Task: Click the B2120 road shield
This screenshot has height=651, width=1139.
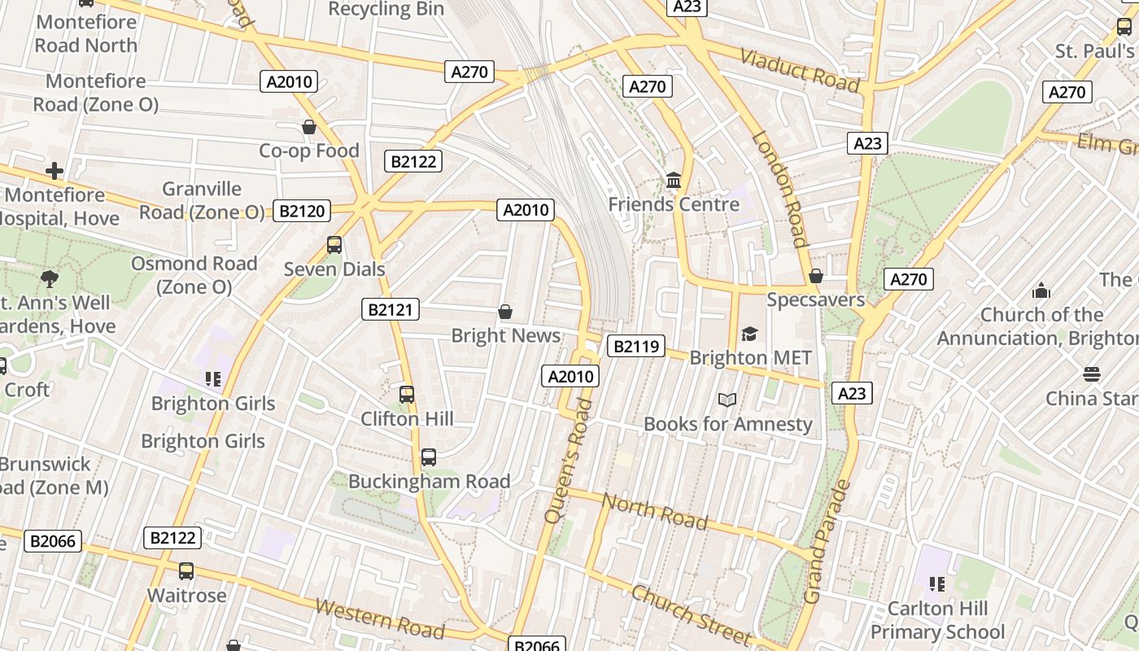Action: [302, 212]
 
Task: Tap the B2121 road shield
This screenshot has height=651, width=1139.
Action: [391, 309]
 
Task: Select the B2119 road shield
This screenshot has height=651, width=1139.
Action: [635, 347]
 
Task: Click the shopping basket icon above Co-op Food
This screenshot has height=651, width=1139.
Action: [309, 127]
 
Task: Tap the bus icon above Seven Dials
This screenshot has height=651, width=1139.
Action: [334, 244]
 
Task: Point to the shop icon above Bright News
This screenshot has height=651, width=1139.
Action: [505, 312]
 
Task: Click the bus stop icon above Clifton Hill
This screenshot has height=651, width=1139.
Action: [407, 395]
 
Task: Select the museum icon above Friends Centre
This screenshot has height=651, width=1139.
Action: [674, 180]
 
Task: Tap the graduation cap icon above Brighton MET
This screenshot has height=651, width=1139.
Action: [749, 334]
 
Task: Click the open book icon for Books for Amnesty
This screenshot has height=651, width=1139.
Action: [727, 400]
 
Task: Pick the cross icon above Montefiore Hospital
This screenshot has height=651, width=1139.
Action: [55, 171]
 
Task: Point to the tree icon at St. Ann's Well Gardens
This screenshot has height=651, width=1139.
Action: [50, 279]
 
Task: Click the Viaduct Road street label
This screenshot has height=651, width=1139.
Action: [800, 71]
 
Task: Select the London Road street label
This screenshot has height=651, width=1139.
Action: [781, 189]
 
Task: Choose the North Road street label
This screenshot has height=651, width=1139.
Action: [655, 510]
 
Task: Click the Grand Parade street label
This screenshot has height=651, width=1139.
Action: [827, 542]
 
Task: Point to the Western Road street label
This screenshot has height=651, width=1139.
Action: [380, 619]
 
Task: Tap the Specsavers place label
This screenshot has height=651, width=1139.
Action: [816, 299]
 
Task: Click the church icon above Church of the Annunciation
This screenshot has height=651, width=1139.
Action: [1041, 291]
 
